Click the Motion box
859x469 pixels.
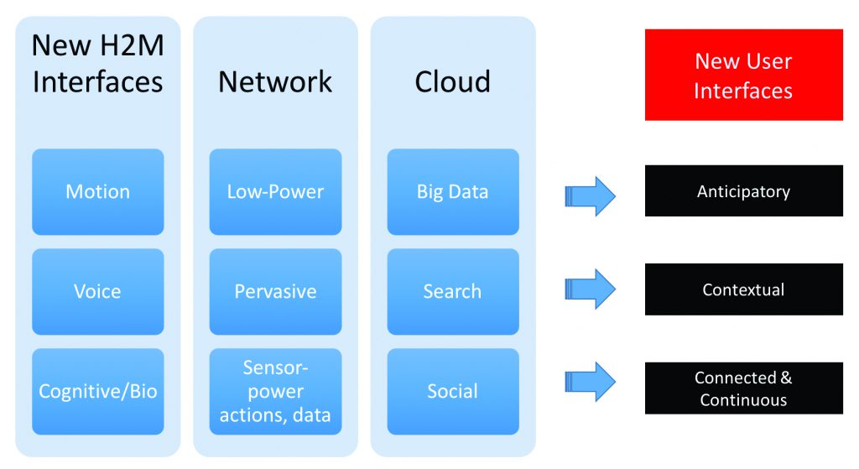pyautogui.click(x=98, y=191)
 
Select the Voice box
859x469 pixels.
pyautogui.click(x=98, y=291)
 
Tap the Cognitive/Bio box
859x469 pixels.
pyautogui.click(x=98, y=391)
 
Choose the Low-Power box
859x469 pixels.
pyautogui.click(x=275, y=191)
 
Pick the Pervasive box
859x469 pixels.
pyautogui.click(x=275, y=291)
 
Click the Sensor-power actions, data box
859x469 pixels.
pyautogui.click(x=275, y=391)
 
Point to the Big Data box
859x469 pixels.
pyautogui.click(x=453, y=191)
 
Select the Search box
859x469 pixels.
pyautogui.click(x=453, y=291)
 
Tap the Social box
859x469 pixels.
pyautogui.click(x=453, y=391)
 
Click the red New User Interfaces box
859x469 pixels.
pyautogui.click(x=743, y=75)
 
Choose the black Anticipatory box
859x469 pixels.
pyautogui.click(x=743, y=191)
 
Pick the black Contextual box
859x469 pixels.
pyautogui.click(x=743, y=289)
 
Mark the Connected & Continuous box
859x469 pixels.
pyautogui.click(x=743, y=388)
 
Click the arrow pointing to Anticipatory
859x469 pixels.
pyautogui.click(x=591, y=196)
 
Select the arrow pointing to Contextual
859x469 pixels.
pyautogui.click(x=591, y=289)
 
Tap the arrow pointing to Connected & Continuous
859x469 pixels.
pyautogui.click(x=591, y=381)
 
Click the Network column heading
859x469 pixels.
pyautogui.click(x=275, y=81)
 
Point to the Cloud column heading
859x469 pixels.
pyautogui.click(x=453, y=81)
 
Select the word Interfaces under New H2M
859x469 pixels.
pyautogui.click(x=97, y=82)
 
